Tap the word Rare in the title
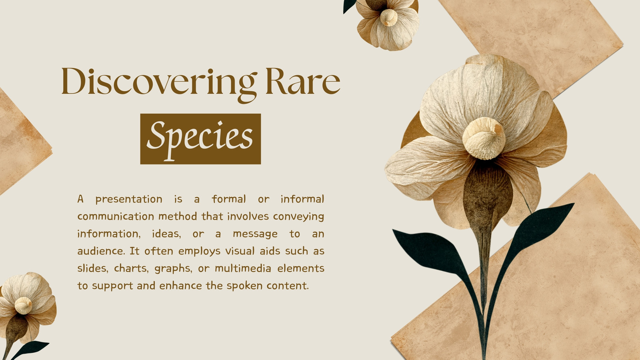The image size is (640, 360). click(x=303, y=81)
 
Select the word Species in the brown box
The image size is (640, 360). click(x=200, y=140)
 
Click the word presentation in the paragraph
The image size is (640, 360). click(x=129, y=200)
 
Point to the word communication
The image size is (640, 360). click(x=116, y=216)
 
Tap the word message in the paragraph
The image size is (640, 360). click(x=255, y=234)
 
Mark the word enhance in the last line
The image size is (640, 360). click(x=180, y=286)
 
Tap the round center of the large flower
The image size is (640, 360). click(x=484, y=138)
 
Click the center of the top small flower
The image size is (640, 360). click(x=388, y=18)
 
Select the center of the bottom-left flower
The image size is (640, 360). click(x=23, y=306)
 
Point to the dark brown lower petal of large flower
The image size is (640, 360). click(x=487, y=197)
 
